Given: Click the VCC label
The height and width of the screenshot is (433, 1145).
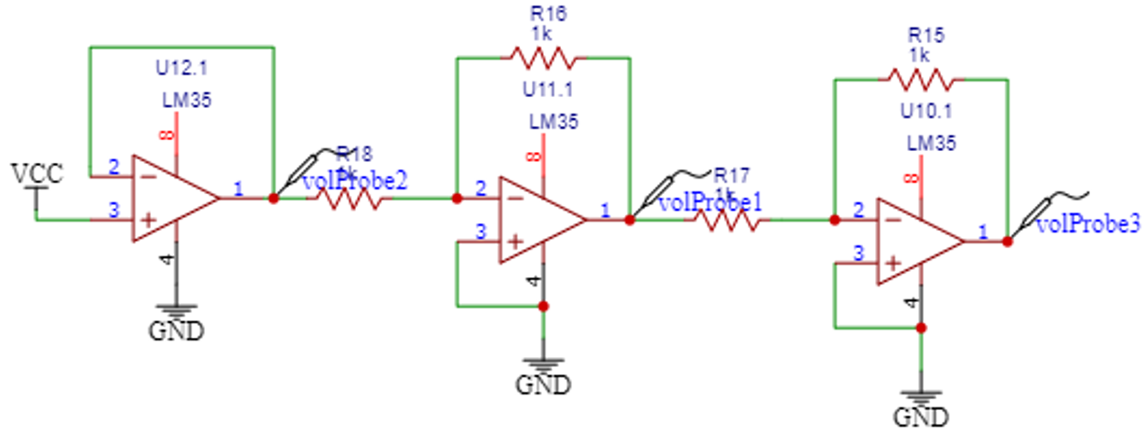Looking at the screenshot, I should coord(38,174).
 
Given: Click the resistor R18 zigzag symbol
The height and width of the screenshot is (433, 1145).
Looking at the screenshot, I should coord(349,198).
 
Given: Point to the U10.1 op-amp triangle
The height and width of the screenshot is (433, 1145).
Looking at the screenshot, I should coord(918,242).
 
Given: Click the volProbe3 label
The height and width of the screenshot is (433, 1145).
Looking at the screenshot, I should coord(1088,224).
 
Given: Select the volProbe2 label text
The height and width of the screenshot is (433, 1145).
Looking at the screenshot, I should coord(353,180).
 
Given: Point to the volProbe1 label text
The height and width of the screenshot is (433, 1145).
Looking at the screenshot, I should coord(710,201).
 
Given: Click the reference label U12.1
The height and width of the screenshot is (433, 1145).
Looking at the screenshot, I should coord(180,67).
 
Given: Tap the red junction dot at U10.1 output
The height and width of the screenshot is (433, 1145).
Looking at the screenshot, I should coord(1007,242).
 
